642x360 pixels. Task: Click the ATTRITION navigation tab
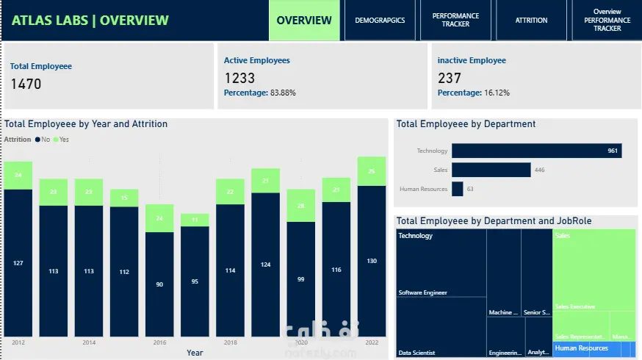(531, 21)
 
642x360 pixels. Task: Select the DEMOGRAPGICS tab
(380, 21)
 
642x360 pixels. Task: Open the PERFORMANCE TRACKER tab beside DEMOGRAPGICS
(455, 21)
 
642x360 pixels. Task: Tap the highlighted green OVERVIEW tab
(304, 21)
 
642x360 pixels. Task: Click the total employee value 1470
(26, 84)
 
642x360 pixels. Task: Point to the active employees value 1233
(239, 78)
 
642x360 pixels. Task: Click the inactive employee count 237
(450, 78)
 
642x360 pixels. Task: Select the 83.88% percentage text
(283, 93)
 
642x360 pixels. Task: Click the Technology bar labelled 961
(536, 151)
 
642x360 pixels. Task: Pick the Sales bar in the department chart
(491, 170)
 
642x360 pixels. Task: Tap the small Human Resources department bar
(458, 189)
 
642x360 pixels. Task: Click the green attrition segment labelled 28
(300, 206)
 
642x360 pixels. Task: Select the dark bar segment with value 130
(372, 261)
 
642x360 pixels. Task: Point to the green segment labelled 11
(195, 220)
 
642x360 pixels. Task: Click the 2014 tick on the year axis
(88, 343)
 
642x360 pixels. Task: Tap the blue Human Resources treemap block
(594, 348)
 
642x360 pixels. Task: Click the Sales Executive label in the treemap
(575, 306)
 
